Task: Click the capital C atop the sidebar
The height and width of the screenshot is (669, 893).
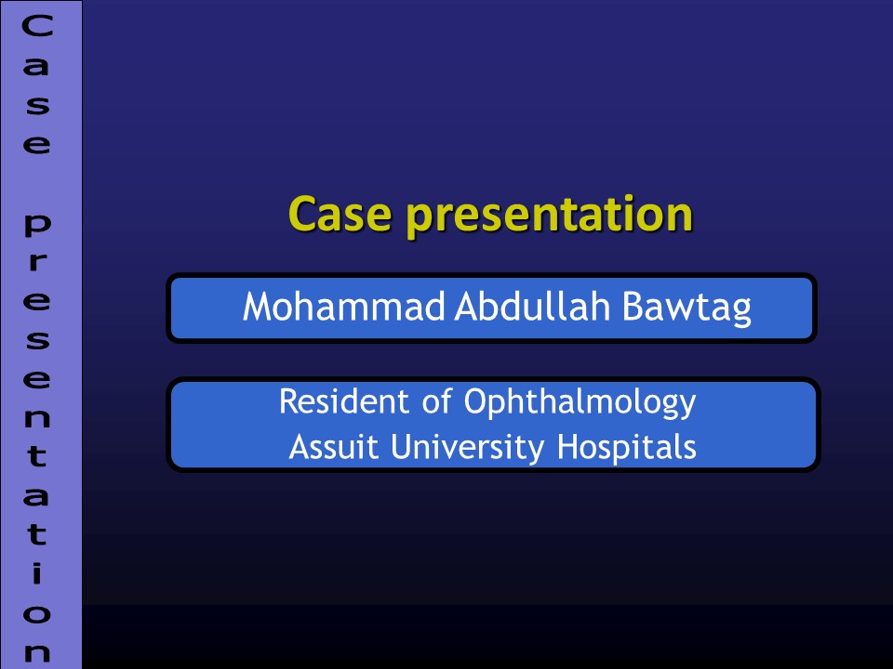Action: [x=37, y=27]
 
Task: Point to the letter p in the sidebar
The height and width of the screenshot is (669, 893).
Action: [x=37, y=224]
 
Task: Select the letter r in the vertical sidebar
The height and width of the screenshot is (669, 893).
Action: [x=37, y=262]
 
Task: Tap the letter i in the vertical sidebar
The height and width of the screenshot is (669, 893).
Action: [x=37, y=573]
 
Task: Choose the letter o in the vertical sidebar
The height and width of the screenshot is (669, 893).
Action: [x=37, y=613]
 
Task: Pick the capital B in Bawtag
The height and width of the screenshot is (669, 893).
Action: [x=633, y=308]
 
